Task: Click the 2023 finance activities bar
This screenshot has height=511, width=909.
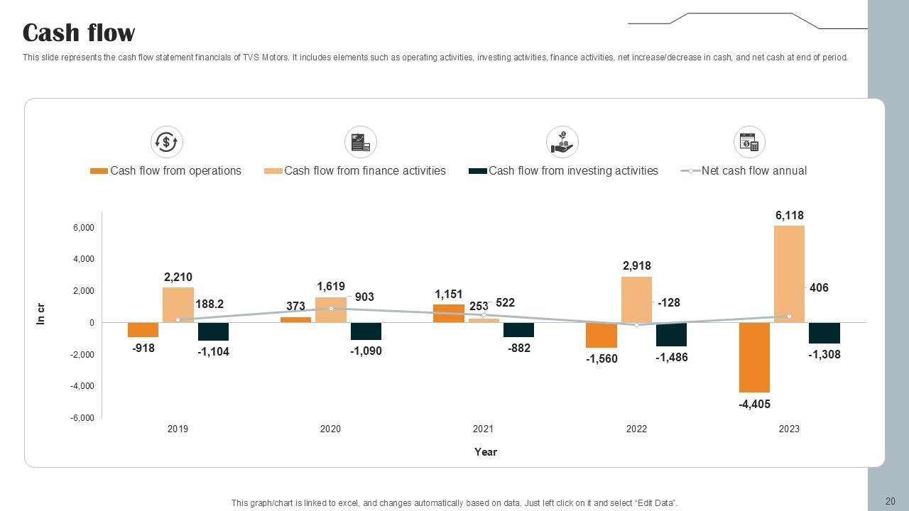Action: tap(789, 273)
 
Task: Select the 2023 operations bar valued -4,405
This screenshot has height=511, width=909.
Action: tap(754, 357)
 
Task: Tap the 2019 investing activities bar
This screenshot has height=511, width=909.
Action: tap(213, 331)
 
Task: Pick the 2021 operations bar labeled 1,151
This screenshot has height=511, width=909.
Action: tap(448, 313)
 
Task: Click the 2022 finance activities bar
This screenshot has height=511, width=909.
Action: tap(636, 299)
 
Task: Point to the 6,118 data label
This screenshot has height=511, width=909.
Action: tap(789, 215)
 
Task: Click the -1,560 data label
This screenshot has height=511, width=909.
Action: tap(602, 359)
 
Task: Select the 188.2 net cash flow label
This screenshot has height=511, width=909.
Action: tap(209, 304)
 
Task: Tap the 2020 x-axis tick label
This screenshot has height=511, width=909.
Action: tap(330, 429)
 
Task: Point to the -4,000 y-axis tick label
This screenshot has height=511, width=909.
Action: tap(82, 386)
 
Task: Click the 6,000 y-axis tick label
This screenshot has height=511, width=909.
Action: tap(83, 228)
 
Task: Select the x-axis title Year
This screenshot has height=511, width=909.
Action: tap(486, 452)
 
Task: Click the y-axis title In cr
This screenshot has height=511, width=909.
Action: tap(40, 314)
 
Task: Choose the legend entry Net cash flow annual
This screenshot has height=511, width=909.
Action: tap(753, 170)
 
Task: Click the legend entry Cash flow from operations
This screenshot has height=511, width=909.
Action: tap(175, 170)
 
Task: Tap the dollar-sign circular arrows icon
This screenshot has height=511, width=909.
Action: tap(167, 142)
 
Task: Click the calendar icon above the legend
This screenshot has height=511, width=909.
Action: tap(749, 142)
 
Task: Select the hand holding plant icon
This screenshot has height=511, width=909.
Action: tap(562, 142)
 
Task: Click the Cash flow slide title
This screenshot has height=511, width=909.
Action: tap(79, 33)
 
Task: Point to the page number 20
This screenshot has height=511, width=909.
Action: tap(890, 502)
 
